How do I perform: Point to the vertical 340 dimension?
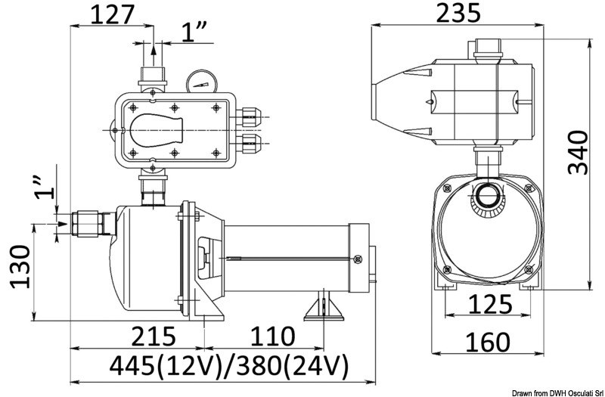[578, 152]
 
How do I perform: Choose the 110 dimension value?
[271, 336]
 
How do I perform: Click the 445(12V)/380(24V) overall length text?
[228, 367]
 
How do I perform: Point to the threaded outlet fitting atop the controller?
[154, 76]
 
